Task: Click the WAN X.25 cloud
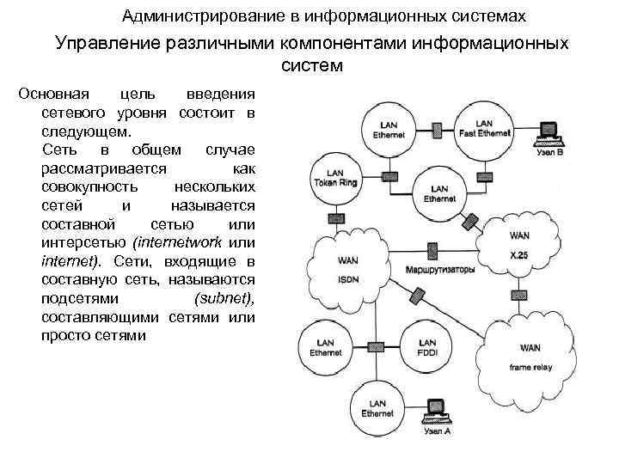coord(519,243)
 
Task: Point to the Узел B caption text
coord(549,153)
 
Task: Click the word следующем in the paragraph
coord(86,131)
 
